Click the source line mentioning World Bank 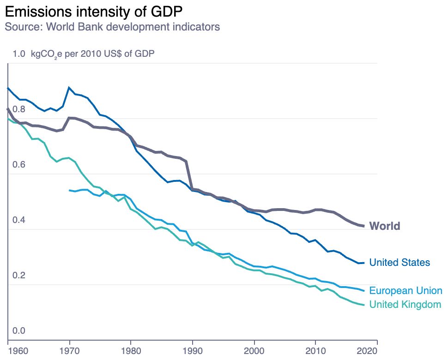click(x=112, y=26)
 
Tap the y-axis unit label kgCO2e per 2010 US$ click(x=92, y=54)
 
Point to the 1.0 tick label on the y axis click(x=19, y=54)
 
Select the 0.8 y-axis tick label click(x=19, y=109)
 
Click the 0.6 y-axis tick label click(x=19, y=165)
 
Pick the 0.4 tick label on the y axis click(x=19, y=220)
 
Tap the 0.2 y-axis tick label click(x=19, y=276)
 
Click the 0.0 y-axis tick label click(x=19, y=331)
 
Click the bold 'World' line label click(x=385, y=226)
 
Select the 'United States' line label click(x=400, y=263)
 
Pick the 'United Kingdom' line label click(x=406, y=305)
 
